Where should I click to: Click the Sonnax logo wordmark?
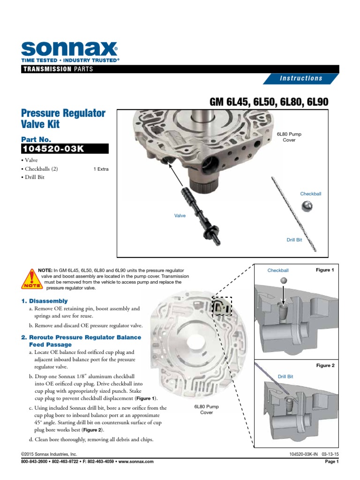(69, 49)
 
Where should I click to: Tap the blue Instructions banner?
(301, 78)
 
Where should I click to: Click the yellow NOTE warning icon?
(31, 279)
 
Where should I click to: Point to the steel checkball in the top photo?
(307, 206)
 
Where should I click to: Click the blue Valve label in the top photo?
(180, 216)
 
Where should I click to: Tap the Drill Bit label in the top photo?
(294, 240)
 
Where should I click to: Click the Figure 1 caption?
(325, 270)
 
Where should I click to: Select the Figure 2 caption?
(325, 365)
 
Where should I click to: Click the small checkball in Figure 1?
(284, 280)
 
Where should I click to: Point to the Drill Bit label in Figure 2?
(285, 376)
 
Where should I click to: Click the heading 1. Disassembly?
(45, 301)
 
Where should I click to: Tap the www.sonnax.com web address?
(136, 462)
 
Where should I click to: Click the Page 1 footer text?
(332, 462)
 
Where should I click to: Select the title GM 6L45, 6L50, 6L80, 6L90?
(269, 102)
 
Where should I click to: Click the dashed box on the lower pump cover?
(222, 306)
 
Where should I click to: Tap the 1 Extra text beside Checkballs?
(101, 169)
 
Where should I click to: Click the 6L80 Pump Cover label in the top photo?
(289, 137)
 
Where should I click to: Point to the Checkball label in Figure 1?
(278, 270)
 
